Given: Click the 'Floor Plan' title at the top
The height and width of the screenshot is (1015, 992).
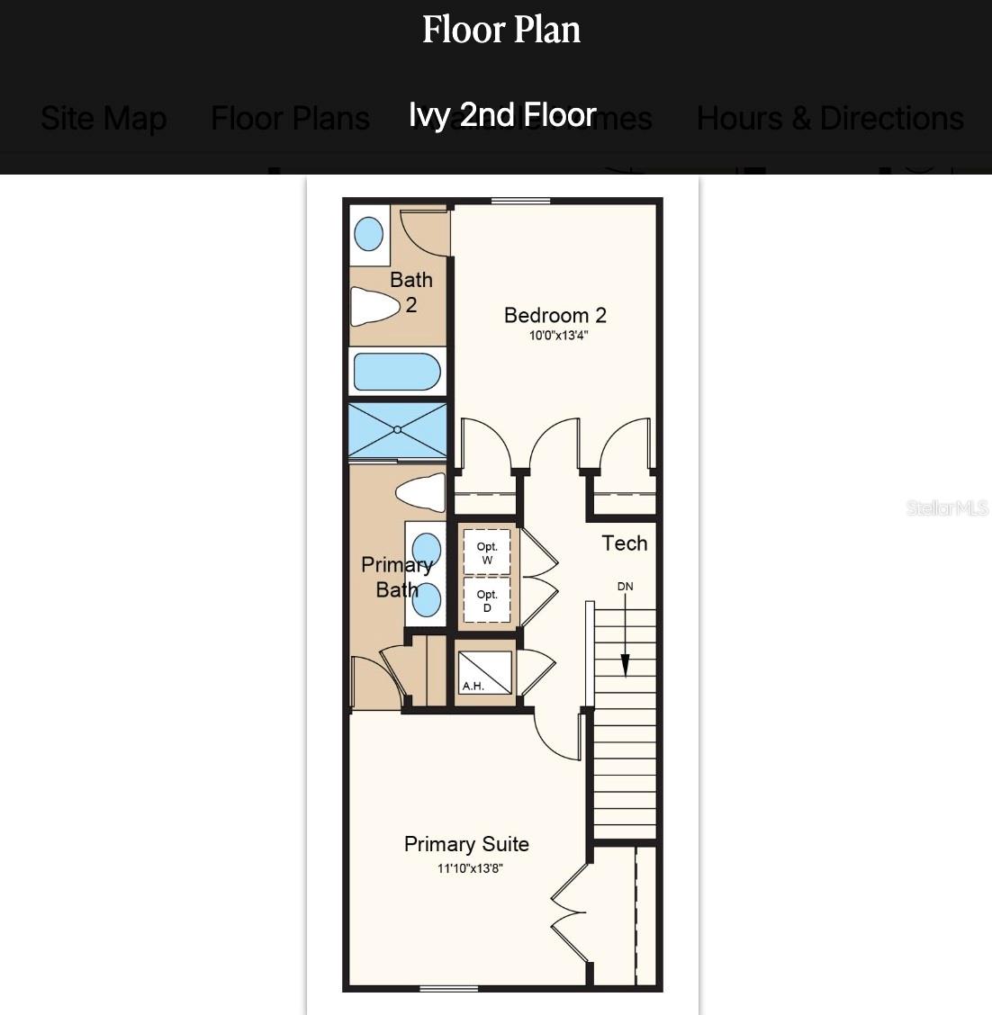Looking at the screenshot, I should [x=501, y=30].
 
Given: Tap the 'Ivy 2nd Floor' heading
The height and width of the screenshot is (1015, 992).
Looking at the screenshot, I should [x=502, y=115].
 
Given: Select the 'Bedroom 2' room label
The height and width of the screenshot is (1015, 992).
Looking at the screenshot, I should [x=555, y=315].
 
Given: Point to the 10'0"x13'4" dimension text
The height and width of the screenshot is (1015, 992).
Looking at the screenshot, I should [x=558, y=336].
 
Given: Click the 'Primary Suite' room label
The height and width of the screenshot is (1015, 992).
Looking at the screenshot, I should [x=466, y=844].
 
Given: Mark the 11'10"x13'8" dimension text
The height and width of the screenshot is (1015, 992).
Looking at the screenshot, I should [x=470, y=868].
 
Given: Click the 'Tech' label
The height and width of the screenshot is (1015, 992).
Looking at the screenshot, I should [x=624, y=543].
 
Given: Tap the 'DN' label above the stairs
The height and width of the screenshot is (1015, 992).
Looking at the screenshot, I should [x=625, y=587].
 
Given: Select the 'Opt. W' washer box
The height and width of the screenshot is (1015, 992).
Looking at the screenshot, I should [x=487, y=552].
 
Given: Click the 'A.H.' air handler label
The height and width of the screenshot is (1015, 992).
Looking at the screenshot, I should [x=473, y=686].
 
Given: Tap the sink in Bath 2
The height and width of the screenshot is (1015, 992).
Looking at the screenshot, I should [x=369, y=234].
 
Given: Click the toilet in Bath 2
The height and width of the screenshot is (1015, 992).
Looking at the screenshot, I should [x=374, y=306].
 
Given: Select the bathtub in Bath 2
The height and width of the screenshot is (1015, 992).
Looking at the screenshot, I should [x=397, y=372].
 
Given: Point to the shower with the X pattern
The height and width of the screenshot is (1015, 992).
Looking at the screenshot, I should [x=397, y=430].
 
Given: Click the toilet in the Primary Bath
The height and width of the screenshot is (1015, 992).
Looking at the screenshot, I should [x=420, y=492].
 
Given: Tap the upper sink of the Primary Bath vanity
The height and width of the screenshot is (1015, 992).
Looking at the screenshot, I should [x=425, y=548].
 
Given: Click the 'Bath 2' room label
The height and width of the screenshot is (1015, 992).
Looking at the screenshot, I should [x=410, y=292].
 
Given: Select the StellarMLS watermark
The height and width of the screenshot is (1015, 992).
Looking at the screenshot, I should [x=946, y=508].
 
